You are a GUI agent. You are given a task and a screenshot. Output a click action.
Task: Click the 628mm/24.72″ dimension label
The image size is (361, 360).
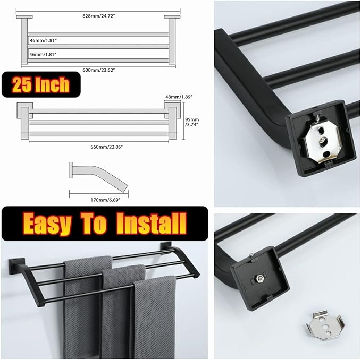pos(98,16)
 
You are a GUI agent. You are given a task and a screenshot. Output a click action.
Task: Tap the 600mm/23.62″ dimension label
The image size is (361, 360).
pos(98,70)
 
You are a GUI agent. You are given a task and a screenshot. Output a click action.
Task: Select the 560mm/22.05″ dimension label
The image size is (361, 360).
pos(106,147)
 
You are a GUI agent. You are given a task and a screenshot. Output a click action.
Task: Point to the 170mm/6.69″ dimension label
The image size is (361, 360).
pos(105,200)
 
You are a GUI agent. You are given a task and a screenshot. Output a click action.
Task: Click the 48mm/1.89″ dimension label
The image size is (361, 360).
pos(179,97)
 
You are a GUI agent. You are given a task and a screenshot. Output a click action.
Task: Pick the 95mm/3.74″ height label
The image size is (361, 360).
pos(192,122)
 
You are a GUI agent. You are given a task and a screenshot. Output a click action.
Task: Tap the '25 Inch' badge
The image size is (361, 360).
pos(41,84)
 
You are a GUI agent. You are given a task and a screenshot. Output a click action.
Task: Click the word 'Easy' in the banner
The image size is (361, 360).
pos(47,224)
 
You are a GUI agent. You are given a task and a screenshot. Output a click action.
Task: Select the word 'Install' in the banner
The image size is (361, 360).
pos(152,223)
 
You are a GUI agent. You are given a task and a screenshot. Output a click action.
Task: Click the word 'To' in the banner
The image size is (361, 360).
pos(94,223)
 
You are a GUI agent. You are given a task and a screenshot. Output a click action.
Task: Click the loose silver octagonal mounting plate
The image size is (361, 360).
pos(325,325)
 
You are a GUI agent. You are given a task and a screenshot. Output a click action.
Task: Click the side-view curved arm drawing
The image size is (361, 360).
pos(98,176)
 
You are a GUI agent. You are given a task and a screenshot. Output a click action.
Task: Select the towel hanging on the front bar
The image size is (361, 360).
pos(155,317)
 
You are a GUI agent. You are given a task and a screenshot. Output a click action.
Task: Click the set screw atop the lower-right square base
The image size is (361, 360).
pos(253,254)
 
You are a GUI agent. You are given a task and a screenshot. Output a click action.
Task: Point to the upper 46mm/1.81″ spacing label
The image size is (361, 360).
pos(43,40)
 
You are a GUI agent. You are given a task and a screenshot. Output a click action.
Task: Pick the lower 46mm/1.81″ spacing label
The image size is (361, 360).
pos(43,54)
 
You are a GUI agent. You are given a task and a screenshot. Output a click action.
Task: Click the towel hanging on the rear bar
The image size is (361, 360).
pos(83,306)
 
